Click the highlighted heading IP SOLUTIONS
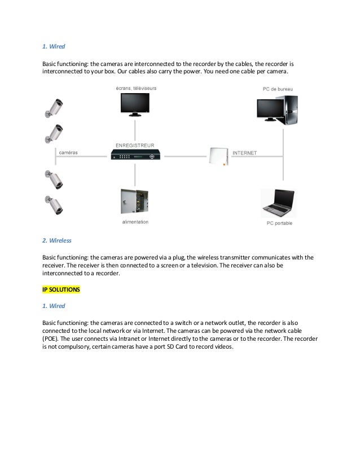coord(62,289)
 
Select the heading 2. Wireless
coord(57,240)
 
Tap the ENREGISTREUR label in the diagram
coord(135,146)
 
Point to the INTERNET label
coord(245,153)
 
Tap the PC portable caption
coord(279,223)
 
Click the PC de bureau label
coord(278,89)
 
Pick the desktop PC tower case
coord(290,109)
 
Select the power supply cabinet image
coord(134,201)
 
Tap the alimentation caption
coord(135,222)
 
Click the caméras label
coord(68,153)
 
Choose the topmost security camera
coord(55,107)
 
